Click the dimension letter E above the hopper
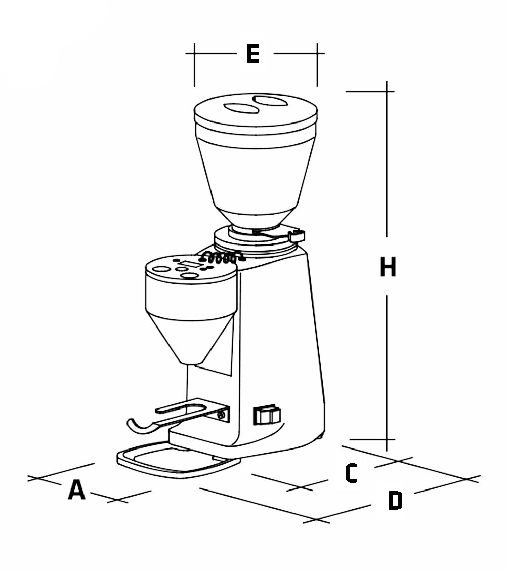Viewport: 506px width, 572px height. (253, 54)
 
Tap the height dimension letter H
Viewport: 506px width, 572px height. (388, 267)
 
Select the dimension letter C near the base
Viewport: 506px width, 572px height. (352, 473)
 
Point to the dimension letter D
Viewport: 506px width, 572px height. (395, 501)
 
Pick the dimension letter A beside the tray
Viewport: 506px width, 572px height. (76, 490)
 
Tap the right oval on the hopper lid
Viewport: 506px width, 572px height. (270, 101)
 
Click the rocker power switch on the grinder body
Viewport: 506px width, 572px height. (266, 415)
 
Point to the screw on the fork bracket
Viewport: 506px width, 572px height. (221, 415)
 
